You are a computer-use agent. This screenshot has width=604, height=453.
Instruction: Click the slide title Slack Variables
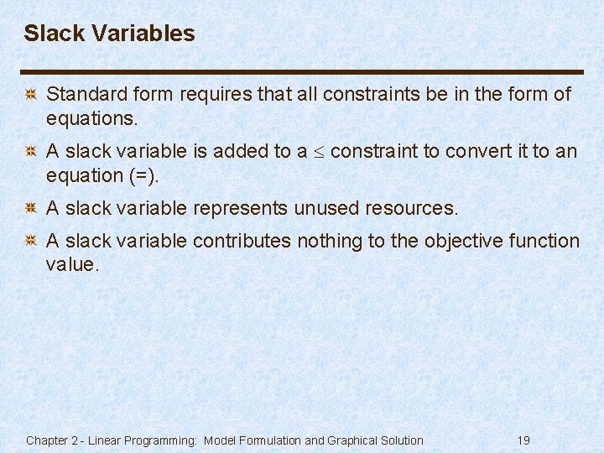click(x=109, y=34)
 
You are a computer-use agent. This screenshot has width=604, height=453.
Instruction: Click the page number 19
click(x=523, y=440)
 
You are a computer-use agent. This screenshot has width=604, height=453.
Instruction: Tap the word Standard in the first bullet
click(x=81, y=95)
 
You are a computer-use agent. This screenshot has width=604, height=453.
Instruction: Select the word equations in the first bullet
click(x=91, y=119)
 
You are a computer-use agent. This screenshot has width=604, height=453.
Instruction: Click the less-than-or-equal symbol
click(x=319, y=152)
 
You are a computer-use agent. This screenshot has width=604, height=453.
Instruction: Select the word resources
click(x=413, y=208)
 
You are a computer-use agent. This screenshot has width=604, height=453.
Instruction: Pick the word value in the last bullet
click(x=71, y=265)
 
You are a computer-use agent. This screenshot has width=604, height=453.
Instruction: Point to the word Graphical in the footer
click(x=354, y=440)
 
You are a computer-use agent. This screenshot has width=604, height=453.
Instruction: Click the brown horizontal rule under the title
click(x=302, y=71)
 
